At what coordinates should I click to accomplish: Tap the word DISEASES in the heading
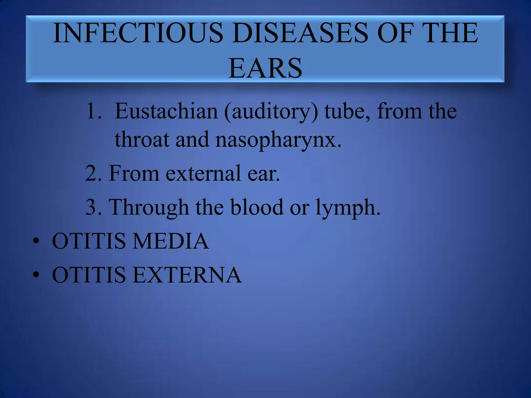click(x=300, y=33)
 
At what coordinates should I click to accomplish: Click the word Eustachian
click(x=166, y=111)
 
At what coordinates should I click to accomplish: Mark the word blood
click(x=257, y=207)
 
